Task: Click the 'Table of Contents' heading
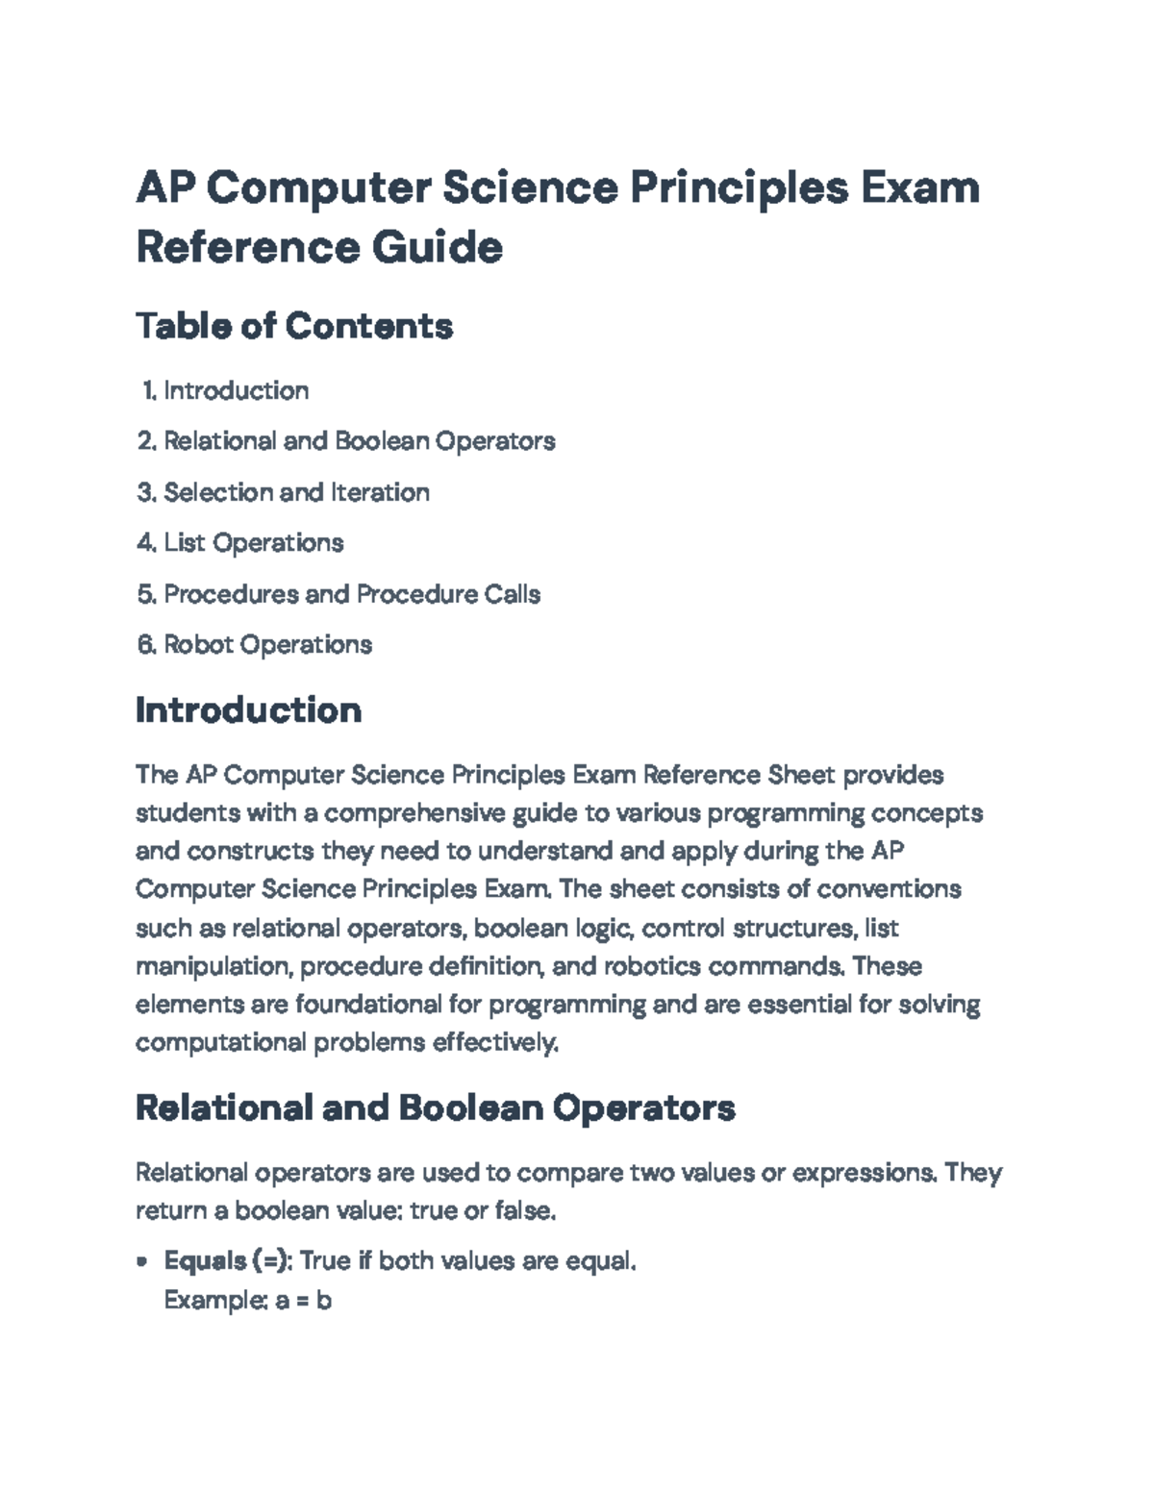pyautogui.click(x=293, y=326)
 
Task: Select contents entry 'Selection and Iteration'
pyautogui.click(x=296, y=492)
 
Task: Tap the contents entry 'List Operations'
pyautogui.click(x=253, y=543)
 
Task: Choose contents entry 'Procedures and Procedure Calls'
pyautogui.click(x=352, y=594)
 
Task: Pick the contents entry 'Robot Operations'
pyautogui.click(x=267, y=644)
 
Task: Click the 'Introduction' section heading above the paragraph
pyautogui.click(x=248, y=710)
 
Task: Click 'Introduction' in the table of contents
pyautogui.click(x=236, y=390)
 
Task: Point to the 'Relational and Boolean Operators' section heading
pyautogui.click(x=435, y=1107)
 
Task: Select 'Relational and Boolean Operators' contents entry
pyautogui.click(x=359, y=441)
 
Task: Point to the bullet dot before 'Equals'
pyautogui.click(x=143, y=1261)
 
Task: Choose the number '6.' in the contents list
pyautogui.click(x=146, y=644)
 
